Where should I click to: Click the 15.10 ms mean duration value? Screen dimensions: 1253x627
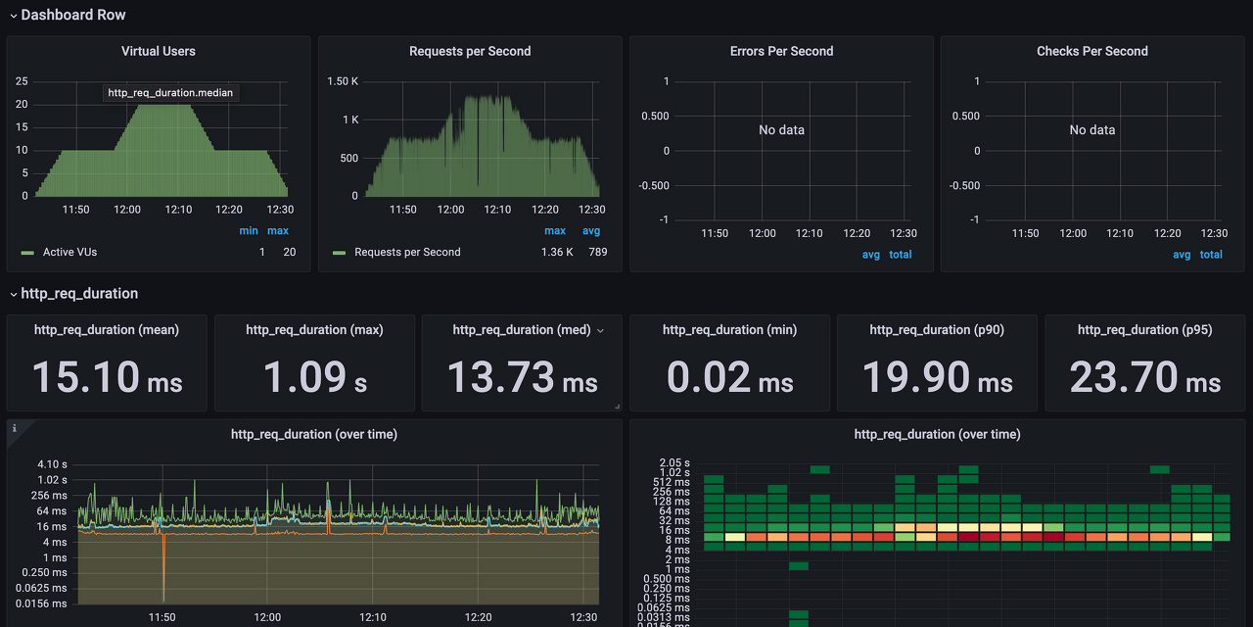click(x=107, y=377)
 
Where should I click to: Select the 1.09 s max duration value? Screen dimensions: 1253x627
click(x=315, y=377)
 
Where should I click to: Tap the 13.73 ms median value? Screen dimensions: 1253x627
click(x=522, y=377)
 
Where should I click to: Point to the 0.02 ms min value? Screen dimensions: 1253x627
click(x=729, y=377)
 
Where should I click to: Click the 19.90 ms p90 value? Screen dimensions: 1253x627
click(x=937, y=377)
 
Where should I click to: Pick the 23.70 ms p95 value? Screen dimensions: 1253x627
click(x=1144, y=377)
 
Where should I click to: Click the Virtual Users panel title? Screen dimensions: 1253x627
click(x=159, y=51)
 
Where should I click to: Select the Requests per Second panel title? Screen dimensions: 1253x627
click(x=470, y=51)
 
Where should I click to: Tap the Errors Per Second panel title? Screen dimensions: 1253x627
click(x=781, y=51)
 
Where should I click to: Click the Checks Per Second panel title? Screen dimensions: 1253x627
click(x=1091, y=51)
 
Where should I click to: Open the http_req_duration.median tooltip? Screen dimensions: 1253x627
click(x=170, y=93)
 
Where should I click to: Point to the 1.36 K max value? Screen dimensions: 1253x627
click(x=557, y=253)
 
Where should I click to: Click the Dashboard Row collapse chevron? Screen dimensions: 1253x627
click(x=14, y=16)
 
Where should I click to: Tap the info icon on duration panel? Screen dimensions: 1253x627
click(x=15, y=428)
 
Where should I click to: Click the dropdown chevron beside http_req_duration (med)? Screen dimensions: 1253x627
click(x=600, y=331)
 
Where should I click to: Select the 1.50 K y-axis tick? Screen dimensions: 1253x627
click(x=343, y=81)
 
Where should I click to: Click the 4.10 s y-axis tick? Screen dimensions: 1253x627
click(x=52, y=464)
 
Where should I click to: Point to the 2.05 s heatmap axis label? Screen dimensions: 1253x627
click(x=674, y=463)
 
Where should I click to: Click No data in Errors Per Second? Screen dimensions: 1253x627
click(x=781, y=130)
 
